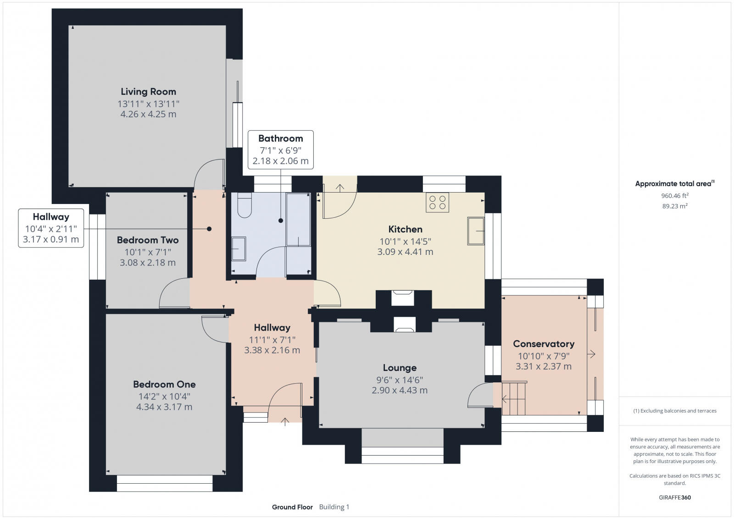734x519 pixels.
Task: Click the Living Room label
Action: (148, 92)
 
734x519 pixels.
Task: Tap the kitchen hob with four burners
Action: (437, 202)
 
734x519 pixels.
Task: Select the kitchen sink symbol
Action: (476, 231)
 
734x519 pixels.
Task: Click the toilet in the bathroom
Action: (245, 206)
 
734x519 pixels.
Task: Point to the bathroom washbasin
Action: (238, 248)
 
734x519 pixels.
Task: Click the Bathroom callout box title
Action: (280, 138)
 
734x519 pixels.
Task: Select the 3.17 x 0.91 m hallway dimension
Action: (50, 239)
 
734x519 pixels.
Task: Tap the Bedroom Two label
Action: (148, 240)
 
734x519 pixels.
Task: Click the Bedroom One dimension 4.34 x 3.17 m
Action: (164, 407)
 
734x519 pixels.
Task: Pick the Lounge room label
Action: (400, 368)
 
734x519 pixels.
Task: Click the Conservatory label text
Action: (543, 344)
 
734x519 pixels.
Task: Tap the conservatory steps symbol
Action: (513, 398)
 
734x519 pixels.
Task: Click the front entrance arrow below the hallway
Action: (285, 421)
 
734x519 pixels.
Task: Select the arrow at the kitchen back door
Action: (340, 188)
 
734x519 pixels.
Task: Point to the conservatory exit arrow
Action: (591, 354)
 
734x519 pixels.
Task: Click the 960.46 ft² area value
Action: (674, 195)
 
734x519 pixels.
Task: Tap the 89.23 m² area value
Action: (674, 206)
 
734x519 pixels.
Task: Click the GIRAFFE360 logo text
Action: (674, 497)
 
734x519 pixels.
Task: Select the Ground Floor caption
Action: (292, 507)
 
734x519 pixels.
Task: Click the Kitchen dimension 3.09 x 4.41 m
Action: (405, 252)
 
